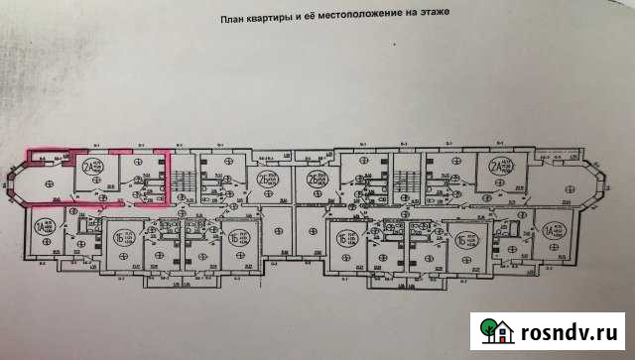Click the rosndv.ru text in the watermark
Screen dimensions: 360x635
(x=571, y=328)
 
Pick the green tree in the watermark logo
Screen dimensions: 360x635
(x=489, y=325)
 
